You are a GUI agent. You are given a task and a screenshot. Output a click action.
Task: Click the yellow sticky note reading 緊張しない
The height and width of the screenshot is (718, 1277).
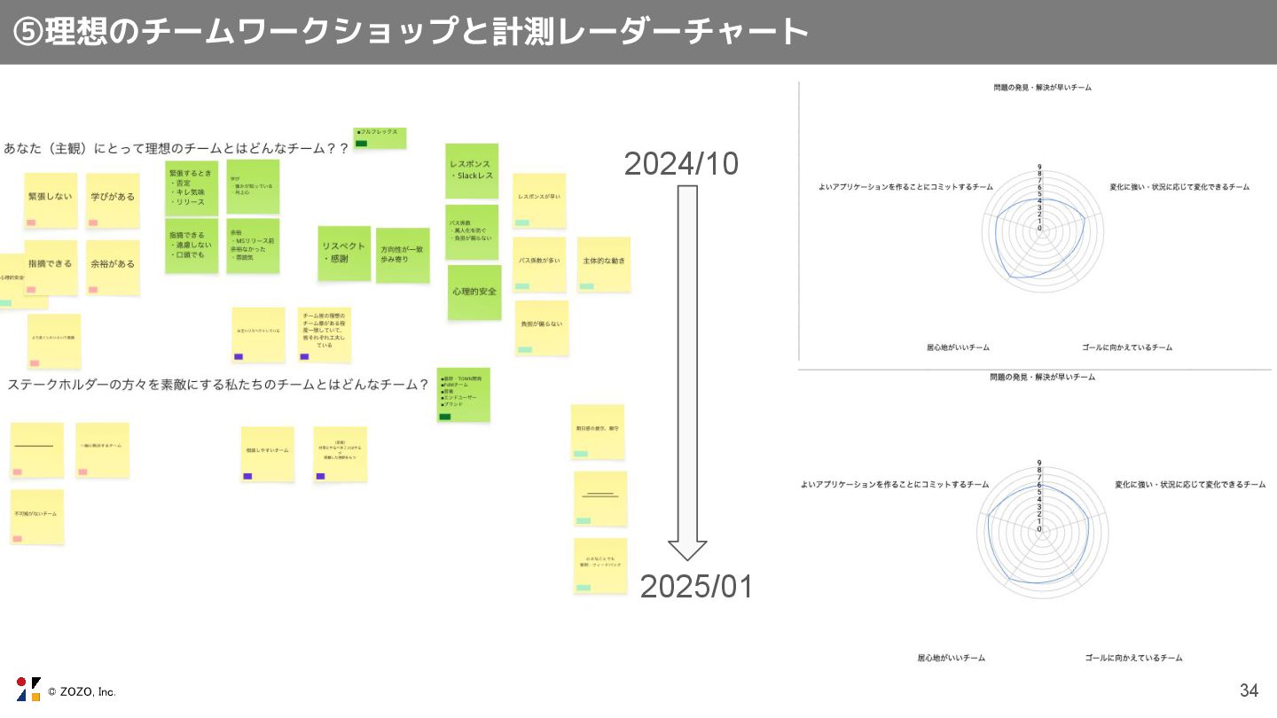tap(51, 199)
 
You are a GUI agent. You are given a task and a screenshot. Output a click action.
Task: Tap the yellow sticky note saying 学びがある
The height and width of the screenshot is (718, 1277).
tap(113, 199)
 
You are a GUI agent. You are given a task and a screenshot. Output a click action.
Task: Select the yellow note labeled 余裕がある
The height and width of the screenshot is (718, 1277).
tap(113, 267)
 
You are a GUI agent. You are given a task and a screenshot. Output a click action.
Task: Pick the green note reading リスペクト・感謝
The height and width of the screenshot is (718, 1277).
tap(344, 253)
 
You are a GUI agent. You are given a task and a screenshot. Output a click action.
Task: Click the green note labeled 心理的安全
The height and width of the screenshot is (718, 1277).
tap(474, 292)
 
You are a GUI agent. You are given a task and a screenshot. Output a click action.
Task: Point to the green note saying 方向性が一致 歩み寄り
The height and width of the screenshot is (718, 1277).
tap(403, 254)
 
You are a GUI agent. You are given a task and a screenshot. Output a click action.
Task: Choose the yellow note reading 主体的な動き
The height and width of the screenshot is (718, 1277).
tap(604, 263)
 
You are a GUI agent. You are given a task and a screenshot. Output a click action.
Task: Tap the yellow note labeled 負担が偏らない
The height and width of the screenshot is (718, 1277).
tap(541, 327)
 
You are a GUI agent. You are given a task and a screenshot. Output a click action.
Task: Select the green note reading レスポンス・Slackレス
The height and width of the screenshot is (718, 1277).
tap(472, 171)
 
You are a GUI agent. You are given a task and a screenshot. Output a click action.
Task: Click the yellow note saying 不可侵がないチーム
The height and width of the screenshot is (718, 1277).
tap(36, 516)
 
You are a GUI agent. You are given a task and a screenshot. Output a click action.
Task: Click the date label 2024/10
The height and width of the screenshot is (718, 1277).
tap(681, 164)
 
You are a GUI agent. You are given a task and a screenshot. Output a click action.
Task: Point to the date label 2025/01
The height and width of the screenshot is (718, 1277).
tap(696, 587)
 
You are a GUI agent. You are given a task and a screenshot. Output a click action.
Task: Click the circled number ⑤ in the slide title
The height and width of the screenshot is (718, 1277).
tap(27, 32)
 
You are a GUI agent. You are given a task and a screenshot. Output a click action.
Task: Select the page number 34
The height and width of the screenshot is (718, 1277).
tap(1249, 691)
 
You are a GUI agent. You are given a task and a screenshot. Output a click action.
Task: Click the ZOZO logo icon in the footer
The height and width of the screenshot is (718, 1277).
tap(28, 689)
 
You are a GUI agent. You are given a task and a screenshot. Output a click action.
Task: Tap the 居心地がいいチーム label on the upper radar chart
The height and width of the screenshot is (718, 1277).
tap(958, 347)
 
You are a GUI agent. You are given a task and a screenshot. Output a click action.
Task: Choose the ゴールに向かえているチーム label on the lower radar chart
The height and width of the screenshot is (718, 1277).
tap(1133, 658)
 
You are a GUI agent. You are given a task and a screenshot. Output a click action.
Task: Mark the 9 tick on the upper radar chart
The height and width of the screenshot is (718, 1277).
tap(1039, 167)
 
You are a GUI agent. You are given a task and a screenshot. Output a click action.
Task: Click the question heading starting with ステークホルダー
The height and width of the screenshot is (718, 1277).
tap(218, 385)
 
